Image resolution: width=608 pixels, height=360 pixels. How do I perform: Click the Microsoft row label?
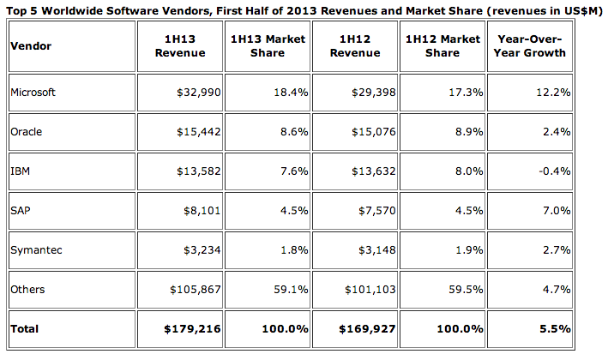(33, 92)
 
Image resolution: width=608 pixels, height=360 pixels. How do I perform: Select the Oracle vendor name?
(26, 132)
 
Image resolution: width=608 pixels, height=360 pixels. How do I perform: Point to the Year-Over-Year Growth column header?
(531, 46)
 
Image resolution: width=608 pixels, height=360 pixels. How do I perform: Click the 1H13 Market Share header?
(268, 46)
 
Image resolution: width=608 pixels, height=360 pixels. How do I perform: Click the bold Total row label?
(24, 329)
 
